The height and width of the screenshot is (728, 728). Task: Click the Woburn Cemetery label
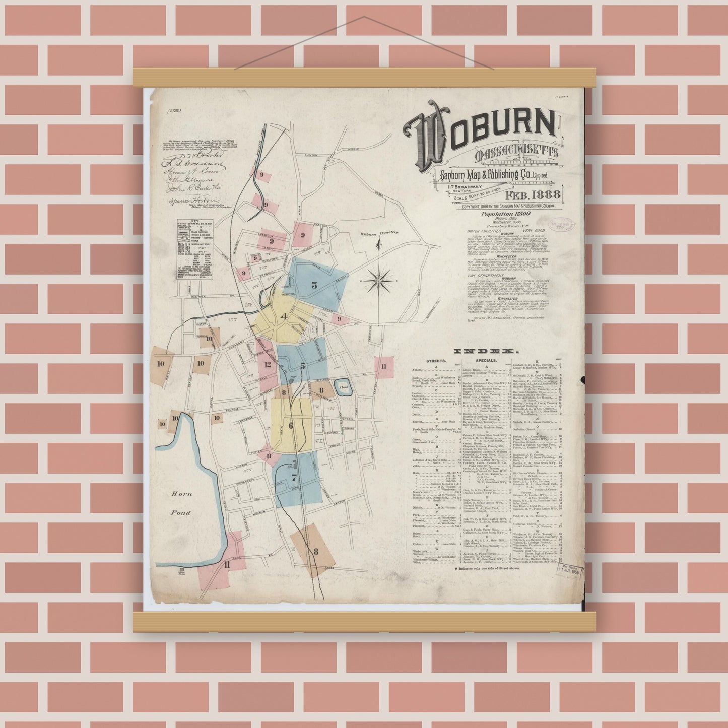[378, 233]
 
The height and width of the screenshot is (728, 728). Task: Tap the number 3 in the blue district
[314, 285]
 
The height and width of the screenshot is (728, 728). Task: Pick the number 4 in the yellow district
[284, 316]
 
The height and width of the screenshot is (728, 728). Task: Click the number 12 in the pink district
[268, 364]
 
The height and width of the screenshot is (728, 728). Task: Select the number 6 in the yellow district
[291, 426]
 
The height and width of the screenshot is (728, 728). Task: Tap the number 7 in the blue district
[294, 478]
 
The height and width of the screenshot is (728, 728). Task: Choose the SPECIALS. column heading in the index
[486, 361]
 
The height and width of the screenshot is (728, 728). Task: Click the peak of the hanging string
[364, 17]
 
